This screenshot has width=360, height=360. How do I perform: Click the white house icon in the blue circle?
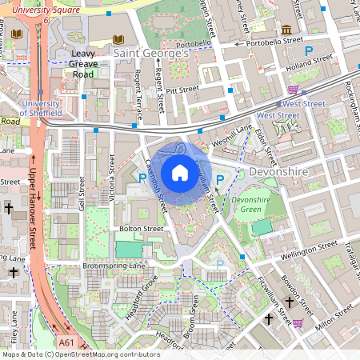pyautogui.click(x=180, y=172)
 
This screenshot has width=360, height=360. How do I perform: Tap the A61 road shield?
pyautogui.click(x=66, y=342)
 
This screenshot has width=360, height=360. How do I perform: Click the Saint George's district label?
pyautogui.click(x=151, y=53)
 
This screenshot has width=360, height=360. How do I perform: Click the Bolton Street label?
pyautogui.click(x=141, y=229)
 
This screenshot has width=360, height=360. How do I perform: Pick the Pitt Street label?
pyautogui.click(x=181, y=92)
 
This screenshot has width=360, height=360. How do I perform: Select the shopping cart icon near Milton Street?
pyautogui.click(x=298, y=323)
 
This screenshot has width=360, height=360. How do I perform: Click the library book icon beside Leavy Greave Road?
pyautogui.click(x=120, y=40)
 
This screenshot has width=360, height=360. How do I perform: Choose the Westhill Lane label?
pyautogui.click(x=232, y=134)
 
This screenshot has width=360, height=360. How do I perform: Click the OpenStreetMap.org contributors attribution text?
pyautogui.click(x=103, y=354)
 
